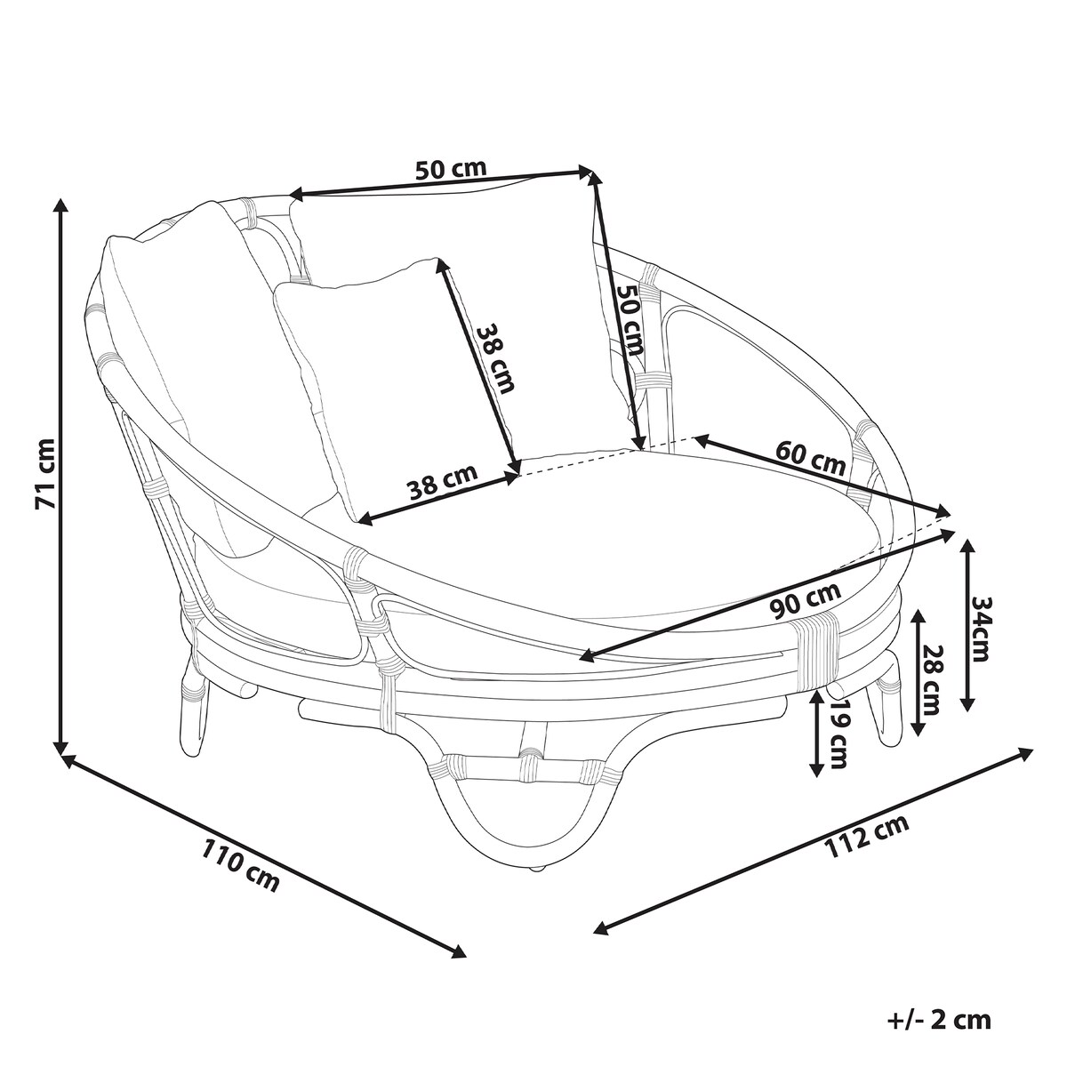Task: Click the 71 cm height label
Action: (44, 472)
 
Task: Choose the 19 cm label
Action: (838, 734)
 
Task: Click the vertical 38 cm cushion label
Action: (495, 357)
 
